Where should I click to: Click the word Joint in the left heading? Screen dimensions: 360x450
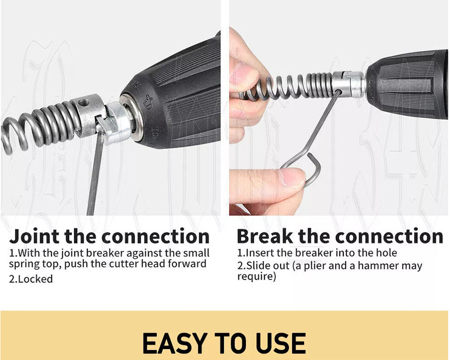click(34, 236)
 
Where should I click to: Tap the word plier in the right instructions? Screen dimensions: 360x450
click(318, 265)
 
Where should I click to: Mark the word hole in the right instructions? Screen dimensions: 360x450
click(387, 252)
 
